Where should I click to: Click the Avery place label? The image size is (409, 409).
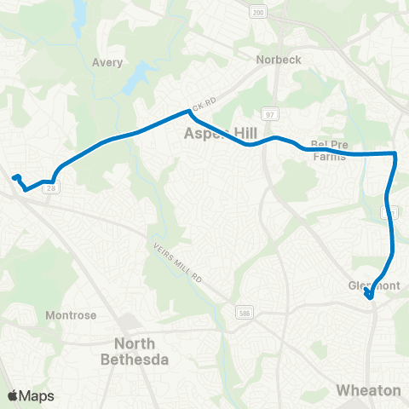(x=107, y=62)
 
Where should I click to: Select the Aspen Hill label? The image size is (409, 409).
(x=218, y=134)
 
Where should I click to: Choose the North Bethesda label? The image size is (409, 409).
(x=141, y=352)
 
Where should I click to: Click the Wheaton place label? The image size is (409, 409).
(x=368, y=390)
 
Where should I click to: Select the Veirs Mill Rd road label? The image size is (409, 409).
(x=176, y=264)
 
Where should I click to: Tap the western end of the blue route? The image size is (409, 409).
(x=14, y=177)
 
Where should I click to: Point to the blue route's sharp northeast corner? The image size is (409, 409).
(x=395, y=153)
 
